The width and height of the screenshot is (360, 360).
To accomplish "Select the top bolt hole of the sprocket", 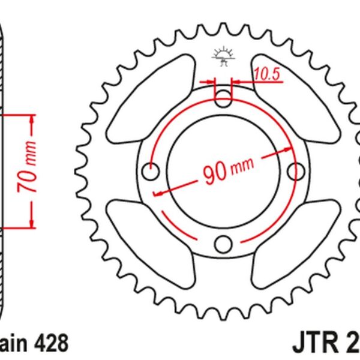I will click(x=223, y=98).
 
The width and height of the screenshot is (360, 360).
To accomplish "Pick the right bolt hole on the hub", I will click(x=295, y=172).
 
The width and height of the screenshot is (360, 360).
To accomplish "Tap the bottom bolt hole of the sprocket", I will click(x=223, y=244).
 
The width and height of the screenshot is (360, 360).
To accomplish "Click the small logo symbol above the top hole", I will click(x=222, y=57).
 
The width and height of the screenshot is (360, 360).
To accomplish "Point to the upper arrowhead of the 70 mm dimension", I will click(x=29, y=119).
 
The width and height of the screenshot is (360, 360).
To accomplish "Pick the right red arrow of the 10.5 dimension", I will click(x=236, y=80).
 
